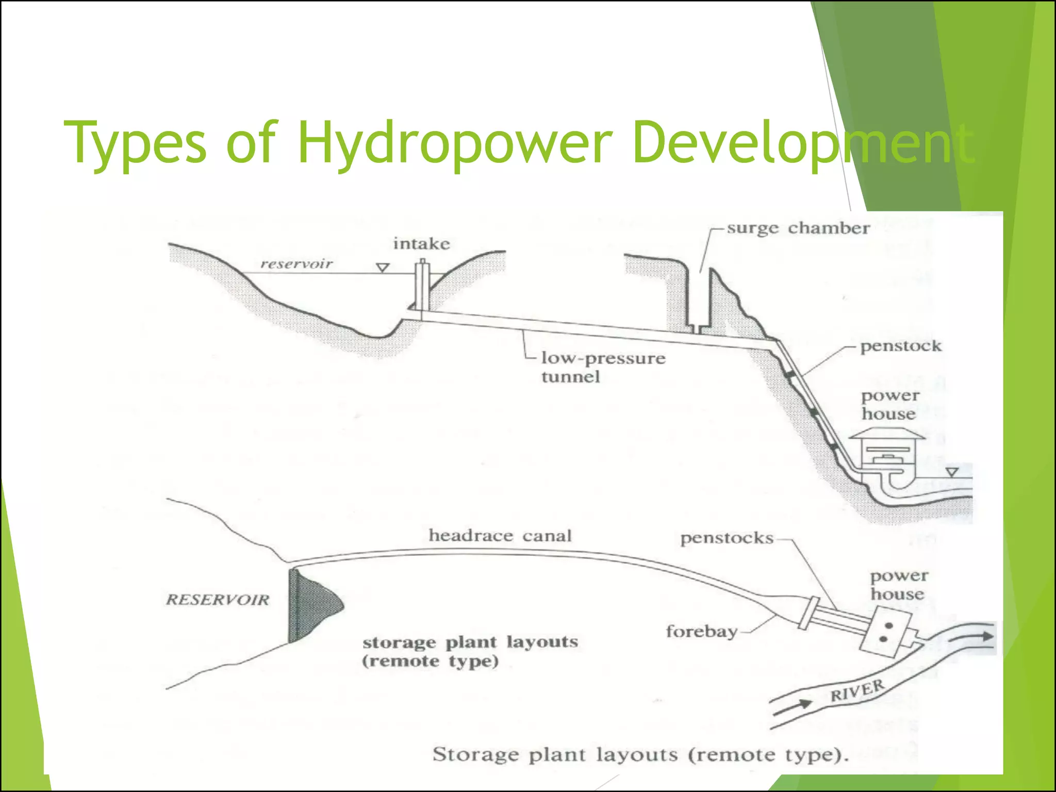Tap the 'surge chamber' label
point(798,228)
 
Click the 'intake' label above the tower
point(421,243)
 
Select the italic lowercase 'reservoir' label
point(296,264)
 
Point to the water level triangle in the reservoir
point(383,268)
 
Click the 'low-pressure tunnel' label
point(602,367)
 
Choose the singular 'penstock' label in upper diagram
point(900,346)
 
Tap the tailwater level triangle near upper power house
point(952,472)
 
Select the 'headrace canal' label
point(500,536)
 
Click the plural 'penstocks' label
point(727,538)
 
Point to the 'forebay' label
point(701,631)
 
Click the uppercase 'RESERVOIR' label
point(218,600)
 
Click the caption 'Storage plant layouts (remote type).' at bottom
point(640,755)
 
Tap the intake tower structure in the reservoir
point(422,286)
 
